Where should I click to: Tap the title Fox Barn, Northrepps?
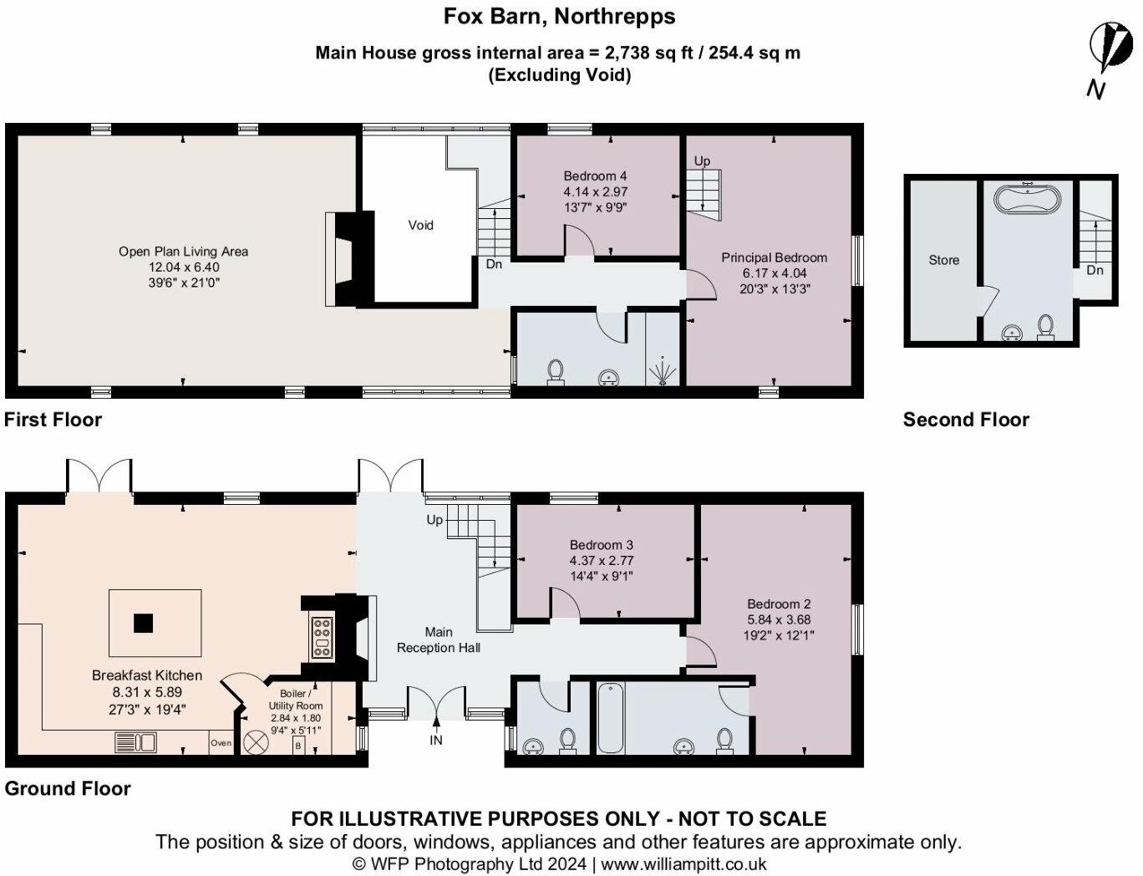[558, 16]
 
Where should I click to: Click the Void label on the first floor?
[420, 225]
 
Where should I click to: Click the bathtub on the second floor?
[1028, 201]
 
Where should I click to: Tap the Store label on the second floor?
[943, 260]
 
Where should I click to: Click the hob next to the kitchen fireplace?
[321, 638]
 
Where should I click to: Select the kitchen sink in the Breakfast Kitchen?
[135, 741]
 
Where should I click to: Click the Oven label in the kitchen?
[221, 742]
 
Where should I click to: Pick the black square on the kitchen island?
[144, 623]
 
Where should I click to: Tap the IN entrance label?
[436, 740]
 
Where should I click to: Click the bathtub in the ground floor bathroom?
[608, 718]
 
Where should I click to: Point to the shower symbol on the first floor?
[663, 369]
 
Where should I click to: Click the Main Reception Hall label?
[439, 639]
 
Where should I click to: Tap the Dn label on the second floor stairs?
[1095, 271]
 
